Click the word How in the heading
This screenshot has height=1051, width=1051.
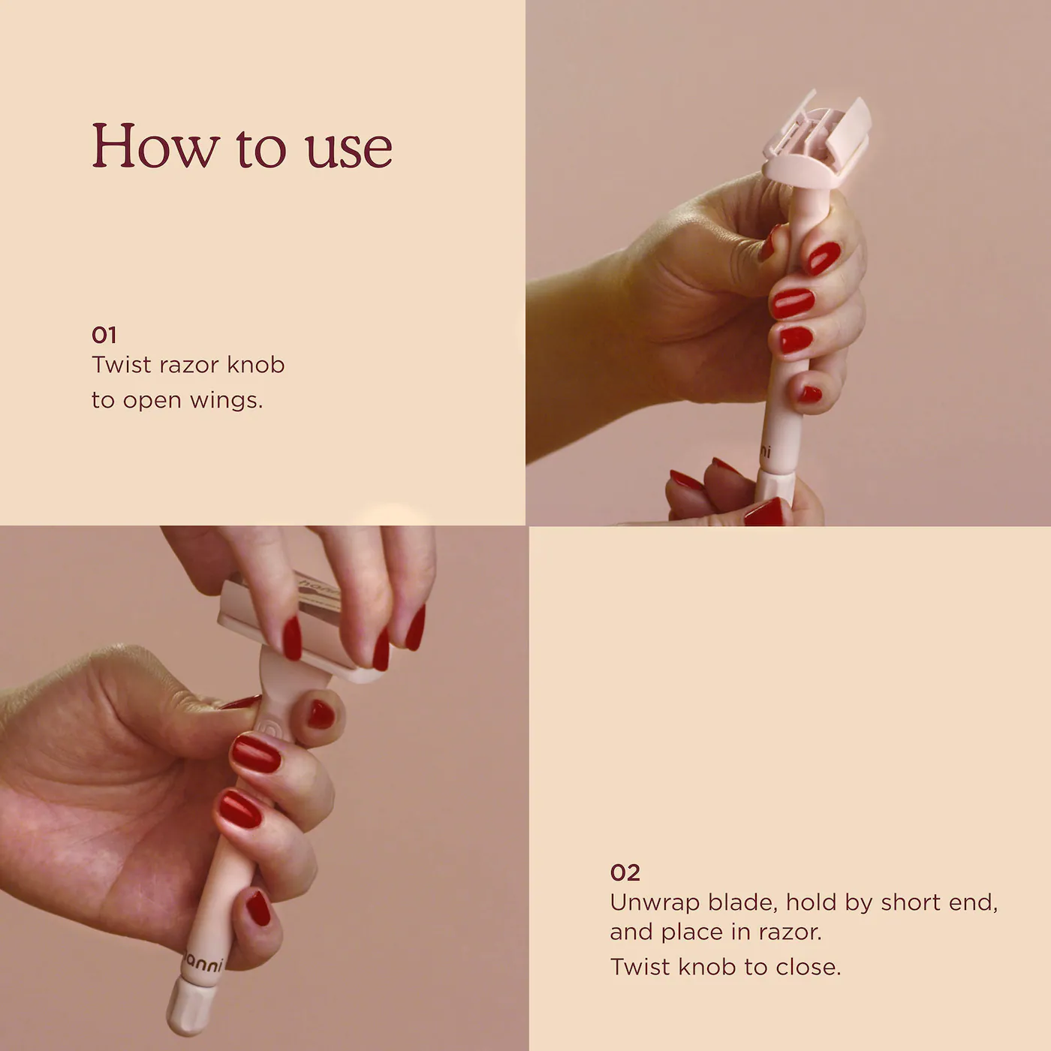pyautogui.click(x=155, y=145)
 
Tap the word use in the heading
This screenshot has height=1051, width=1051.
pyautogui.click(x=349, y=149)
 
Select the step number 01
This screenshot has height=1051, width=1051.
pyautogui.click(x=104, y=335)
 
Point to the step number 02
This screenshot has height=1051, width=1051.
pyautogui.click(x=625, y=872)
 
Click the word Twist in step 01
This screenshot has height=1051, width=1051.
pyautogui.click(x=122, y=365)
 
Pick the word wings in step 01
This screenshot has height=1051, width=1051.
pyautogui.click(x=227, y=402)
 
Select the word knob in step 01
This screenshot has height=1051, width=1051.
pyautogui.click(x=256, y=365)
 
